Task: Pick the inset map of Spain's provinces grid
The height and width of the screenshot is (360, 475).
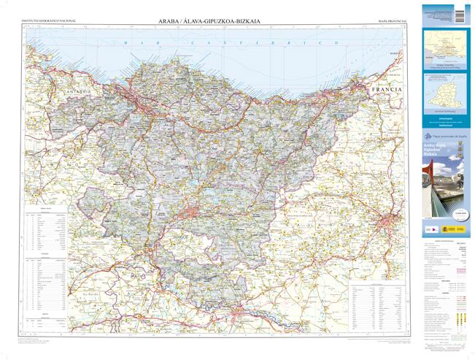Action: (446, 92)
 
